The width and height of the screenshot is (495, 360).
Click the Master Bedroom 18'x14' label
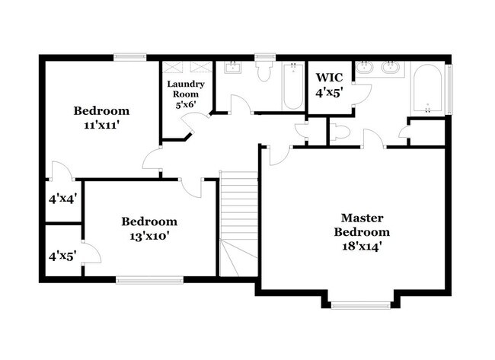click(x=362, y=232)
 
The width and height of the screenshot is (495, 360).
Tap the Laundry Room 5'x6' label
click(x=186, y=94)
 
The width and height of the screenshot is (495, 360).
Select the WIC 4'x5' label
click(x=329, y=85)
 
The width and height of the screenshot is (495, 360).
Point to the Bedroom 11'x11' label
click(x=101, y=118)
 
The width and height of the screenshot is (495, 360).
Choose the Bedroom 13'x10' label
click(x=149, y=228)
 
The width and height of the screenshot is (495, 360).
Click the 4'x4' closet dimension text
click(x=62, y=199)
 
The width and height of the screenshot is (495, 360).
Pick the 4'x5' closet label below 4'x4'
click(x=62, y=256)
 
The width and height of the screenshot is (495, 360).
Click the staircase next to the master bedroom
click(x=238, y=224)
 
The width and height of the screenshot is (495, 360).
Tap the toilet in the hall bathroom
click(x=264, y=71)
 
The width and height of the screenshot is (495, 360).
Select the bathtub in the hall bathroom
click(x=293, y=86)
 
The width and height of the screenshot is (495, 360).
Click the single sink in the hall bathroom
click(x=233, y=68)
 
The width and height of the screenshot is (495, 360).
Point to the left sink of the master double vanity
click(x=365, y=67)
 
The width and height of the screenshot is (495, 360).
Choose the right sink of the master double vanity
click(x=390, y=67)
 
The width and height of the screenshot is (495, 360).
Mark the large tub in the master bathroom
click(x=427, y=88)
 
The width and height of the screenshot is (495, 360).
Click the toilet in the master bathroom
click(x=340, y=132)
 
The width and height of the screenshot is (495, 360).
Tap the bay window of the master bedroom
click(x=360, y=305)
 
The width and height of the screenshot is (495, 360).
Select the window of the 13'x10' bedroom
click(x=149, y=280)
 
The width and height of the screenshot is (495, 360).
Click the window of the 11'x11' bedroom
click(x=130, y=57)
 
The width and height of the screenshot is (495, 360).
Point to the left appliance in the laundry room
click(x=172, y=67)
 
